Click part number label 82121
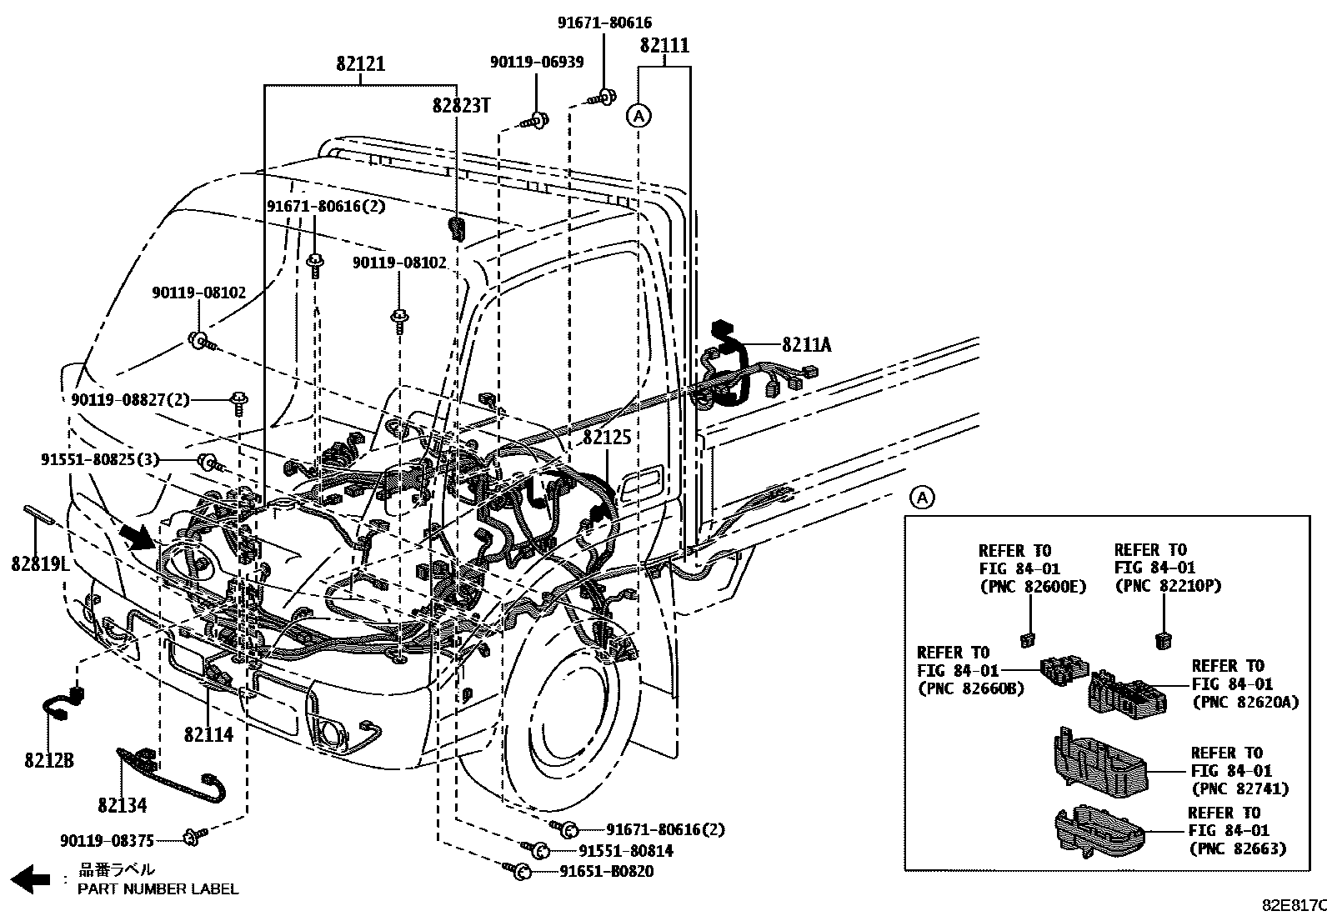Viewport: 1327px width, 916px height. [x=361, y=63]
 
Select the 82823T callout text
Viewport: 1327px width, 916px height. [x=461, y=105]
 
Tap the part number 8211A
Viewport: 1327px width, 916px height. [x=806, y=344]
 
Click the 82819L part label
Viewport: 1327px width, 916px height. [x=38, y=563]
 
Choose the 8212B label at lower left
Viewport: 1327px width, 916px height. [x=48, y=760]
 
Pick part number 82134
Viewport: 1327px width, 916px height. [x=122, y=805]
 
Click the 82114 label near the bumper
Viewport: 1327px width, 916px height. [x=208, y=734]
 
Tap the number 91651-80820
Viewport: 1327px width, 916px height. [x=606, y=871]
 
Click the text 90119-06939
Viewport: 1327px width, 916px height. [x=536, y=62]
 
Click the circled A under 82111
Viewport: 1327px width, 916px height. [x=638, y=116]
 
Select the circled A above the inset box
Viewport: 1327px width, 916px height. [x=922, y=498]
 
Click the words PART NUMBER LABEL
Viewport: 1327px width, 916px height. [x=158, y=888]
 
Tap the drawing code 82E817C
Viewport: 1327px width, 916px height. [x=1292, y=905]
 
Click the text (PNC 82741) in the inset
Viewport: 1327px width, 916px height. [x=1239, y=788]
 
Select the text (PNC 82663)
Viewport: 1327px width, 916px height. [x=1237, y=848]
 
